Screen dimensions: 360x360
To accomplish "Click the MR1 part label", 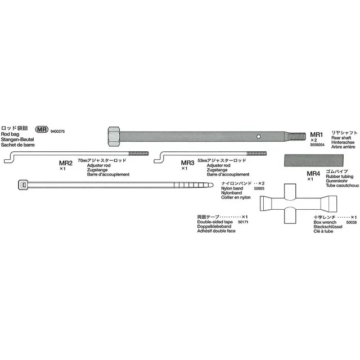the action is tap(317, 135).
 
